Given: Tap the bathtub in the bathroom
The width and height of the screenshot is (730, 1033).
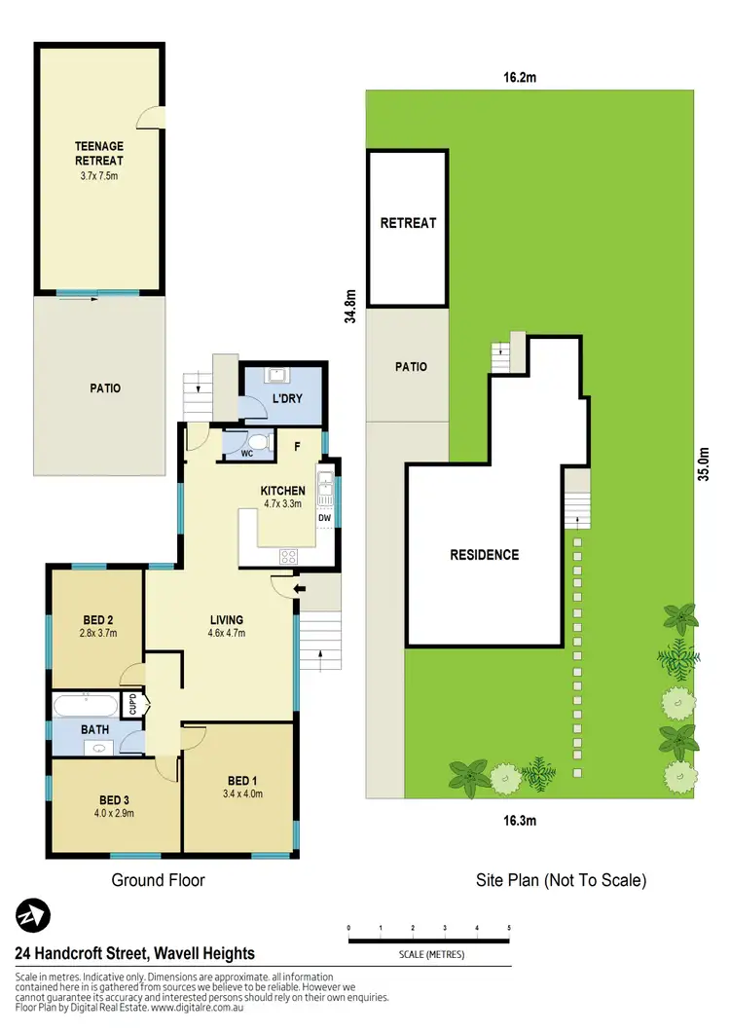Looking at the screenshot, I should (x=86, y=705).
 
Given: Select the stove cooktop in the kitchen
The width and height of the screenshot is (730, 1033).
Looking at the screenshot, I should (x=289, y=557).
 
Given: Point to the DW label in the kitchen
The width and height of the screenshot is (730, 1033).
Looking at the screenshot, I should (x=325, y=519).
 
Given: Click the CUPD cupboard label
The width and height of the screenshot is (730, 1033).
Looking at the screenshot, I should (x=134, y=704).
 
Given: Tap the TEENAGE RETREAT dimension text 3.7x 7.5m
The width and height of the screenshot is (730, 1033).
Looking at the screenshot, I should (x=99, y=176).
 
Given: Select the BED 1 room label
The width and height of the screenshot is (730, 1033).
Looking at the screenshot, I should (x=243, y=780).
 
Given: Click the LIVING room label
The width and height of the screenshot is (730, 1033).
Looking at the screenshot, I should (x=226, y=619).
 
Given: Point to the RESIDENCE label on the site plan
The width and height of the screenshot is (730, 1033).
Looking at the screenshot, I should (x=484, y=555).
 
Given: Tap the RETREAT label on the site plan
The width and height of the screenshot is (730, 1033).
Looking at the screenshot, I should (x=408, y=223).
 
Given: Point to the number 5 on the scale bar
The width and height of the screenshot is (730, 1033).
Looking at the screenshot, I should (x=509, y=928).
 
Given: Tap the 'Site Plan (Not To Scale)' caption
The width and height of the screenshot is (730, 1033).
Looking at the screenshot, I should (x=561, y=880).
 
